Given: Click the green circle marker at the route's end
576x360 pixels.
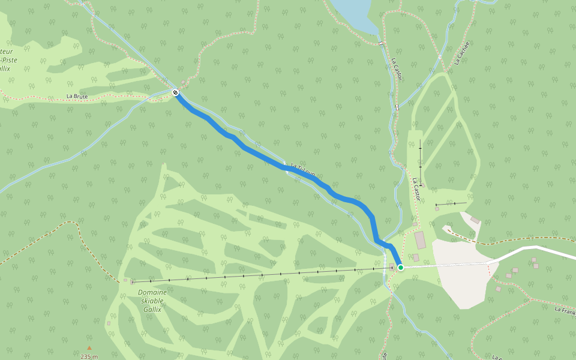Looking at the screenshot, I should [401, 267].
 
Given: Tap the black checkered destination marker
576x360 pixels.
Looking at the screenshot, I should [175, 92].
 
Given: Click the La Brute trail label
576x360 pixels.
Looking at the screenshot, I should [77, 96].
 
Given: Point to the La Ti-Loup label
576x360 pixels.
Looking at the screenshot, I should [303, 170].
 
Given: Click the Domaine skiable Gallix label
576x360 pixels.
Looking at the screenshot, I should [152, 301].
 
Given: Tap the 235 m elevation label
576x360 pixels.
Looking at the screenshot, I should [89, 356].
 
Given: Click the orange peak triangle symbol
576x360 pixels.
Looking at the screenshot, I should [89, 347].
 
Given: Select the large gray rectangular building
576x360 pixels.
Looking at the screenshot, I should [420, 240].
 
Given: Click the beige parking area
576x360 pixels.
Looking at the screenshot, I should [462, 270].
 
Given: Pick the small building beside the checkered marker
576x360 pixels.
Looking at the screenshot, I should [183, 83].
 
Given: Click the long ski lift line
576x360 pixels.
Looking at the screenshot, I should [258, 275].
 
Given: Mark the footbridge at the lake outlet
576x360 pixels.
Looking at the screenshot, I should [380, 43].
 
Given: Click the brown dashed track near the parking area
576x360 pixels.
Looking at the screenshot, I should [510, 242].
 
